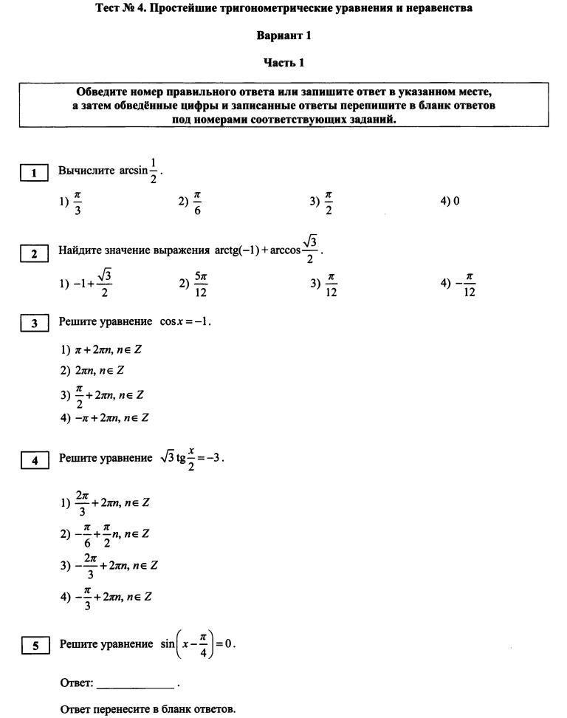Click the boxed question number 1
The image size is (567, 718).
point(33,174)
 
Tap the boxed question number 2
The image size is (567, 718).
point(33,253)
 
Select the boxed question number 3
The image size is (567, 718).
point(33,323)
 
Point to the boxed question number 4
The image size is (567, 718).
point(34,460)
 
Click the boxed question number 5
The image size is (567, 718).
point(35,646)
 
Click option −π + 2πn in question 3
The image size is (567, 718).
point(104,417)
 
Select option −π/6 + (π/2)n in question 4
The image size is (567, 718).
point(105,534)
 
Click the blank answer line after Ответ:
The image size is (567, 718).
point(135,683)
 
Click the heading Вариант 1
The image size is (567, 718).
point(283,35)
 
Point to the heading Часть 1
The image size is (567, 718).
point(283,63)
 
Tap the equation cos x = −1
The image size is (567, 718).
point(185,322)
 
